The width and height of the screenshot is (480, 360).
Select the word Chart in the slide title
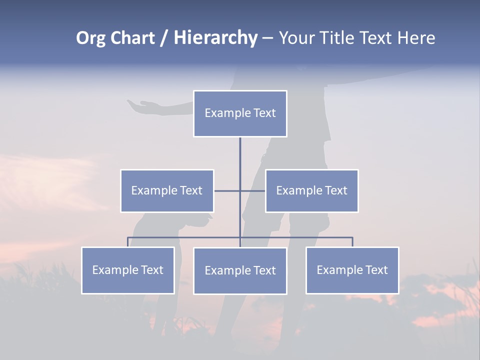134,38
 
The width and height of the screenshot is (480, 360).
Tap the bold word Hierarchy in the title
215,38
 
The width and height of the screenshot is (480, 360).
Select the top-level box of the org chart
240,113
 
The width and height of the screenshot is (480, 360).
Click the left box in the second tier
167,190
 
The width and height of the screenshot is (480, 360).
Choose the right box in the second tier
312,190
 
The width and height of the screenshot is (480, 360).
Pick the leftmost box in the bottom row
128,270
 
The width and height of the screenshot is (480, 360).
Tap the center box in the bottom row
240,270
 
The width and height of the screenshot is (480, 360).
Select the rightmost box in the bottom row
352,270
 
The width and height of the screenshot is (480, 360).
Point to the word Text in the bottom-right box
376,270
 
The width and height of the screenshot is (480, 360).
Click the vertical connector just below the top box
240,155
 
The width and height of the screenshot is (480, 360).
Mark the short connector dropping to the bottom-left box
128,242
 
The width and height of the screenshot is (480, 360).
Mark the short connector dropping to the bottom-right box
352,242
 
